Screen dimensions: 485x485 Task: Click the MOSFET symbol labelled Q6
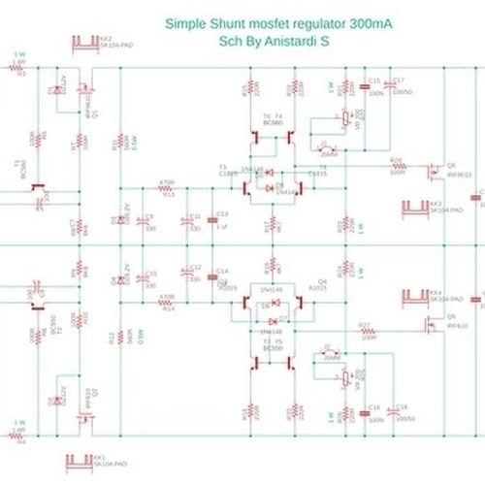(432, 172)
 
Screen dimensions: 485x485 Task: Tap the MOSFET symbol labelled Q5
(432, 325)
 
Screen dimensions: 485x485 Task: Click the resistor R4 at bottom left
(20, 434)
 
